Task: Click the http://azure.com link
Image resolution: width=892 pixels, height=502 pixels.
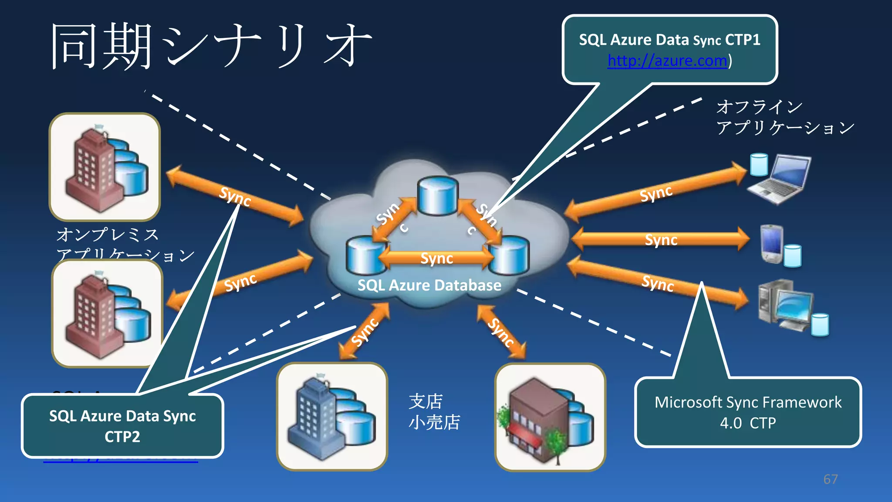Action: tap(667, 61)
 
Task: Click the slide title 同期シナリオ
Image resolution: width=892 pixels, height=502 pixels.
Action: tap(212, 46)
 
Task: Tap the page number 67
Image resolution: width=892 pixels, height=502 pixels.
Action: tap(830, 479)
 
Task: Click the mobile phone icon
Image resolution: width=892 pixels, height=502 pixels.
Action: tap(771, 244)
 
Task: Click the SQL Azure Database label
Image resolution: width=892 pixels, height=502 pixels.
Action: tap(429, 285)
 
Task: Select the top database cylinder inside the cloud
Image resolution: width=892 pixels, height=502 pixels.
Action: tap(437, 196)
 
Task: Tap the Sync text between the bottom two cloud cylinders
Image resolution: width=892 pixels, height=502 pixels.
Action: tap(436, 258)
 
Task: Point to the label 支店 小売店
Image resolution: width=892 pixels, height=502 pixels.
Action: tap(434, 412)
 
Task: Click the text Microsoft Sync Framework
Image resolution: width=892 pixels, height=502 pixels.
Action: tap(748, 402)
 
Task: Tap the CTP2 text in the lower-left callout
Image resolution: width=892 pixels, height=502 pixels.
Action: tap(122, 437)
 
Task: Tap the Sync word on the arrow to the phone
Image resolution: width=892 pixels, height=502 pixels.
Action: tap(661, 240)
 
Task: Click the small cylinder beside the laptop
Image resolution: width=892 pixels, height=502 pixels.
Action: tap(759, 165)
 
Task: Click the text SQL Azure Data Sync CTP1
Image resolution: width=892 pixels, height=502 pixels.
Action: tap(669, 40)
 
